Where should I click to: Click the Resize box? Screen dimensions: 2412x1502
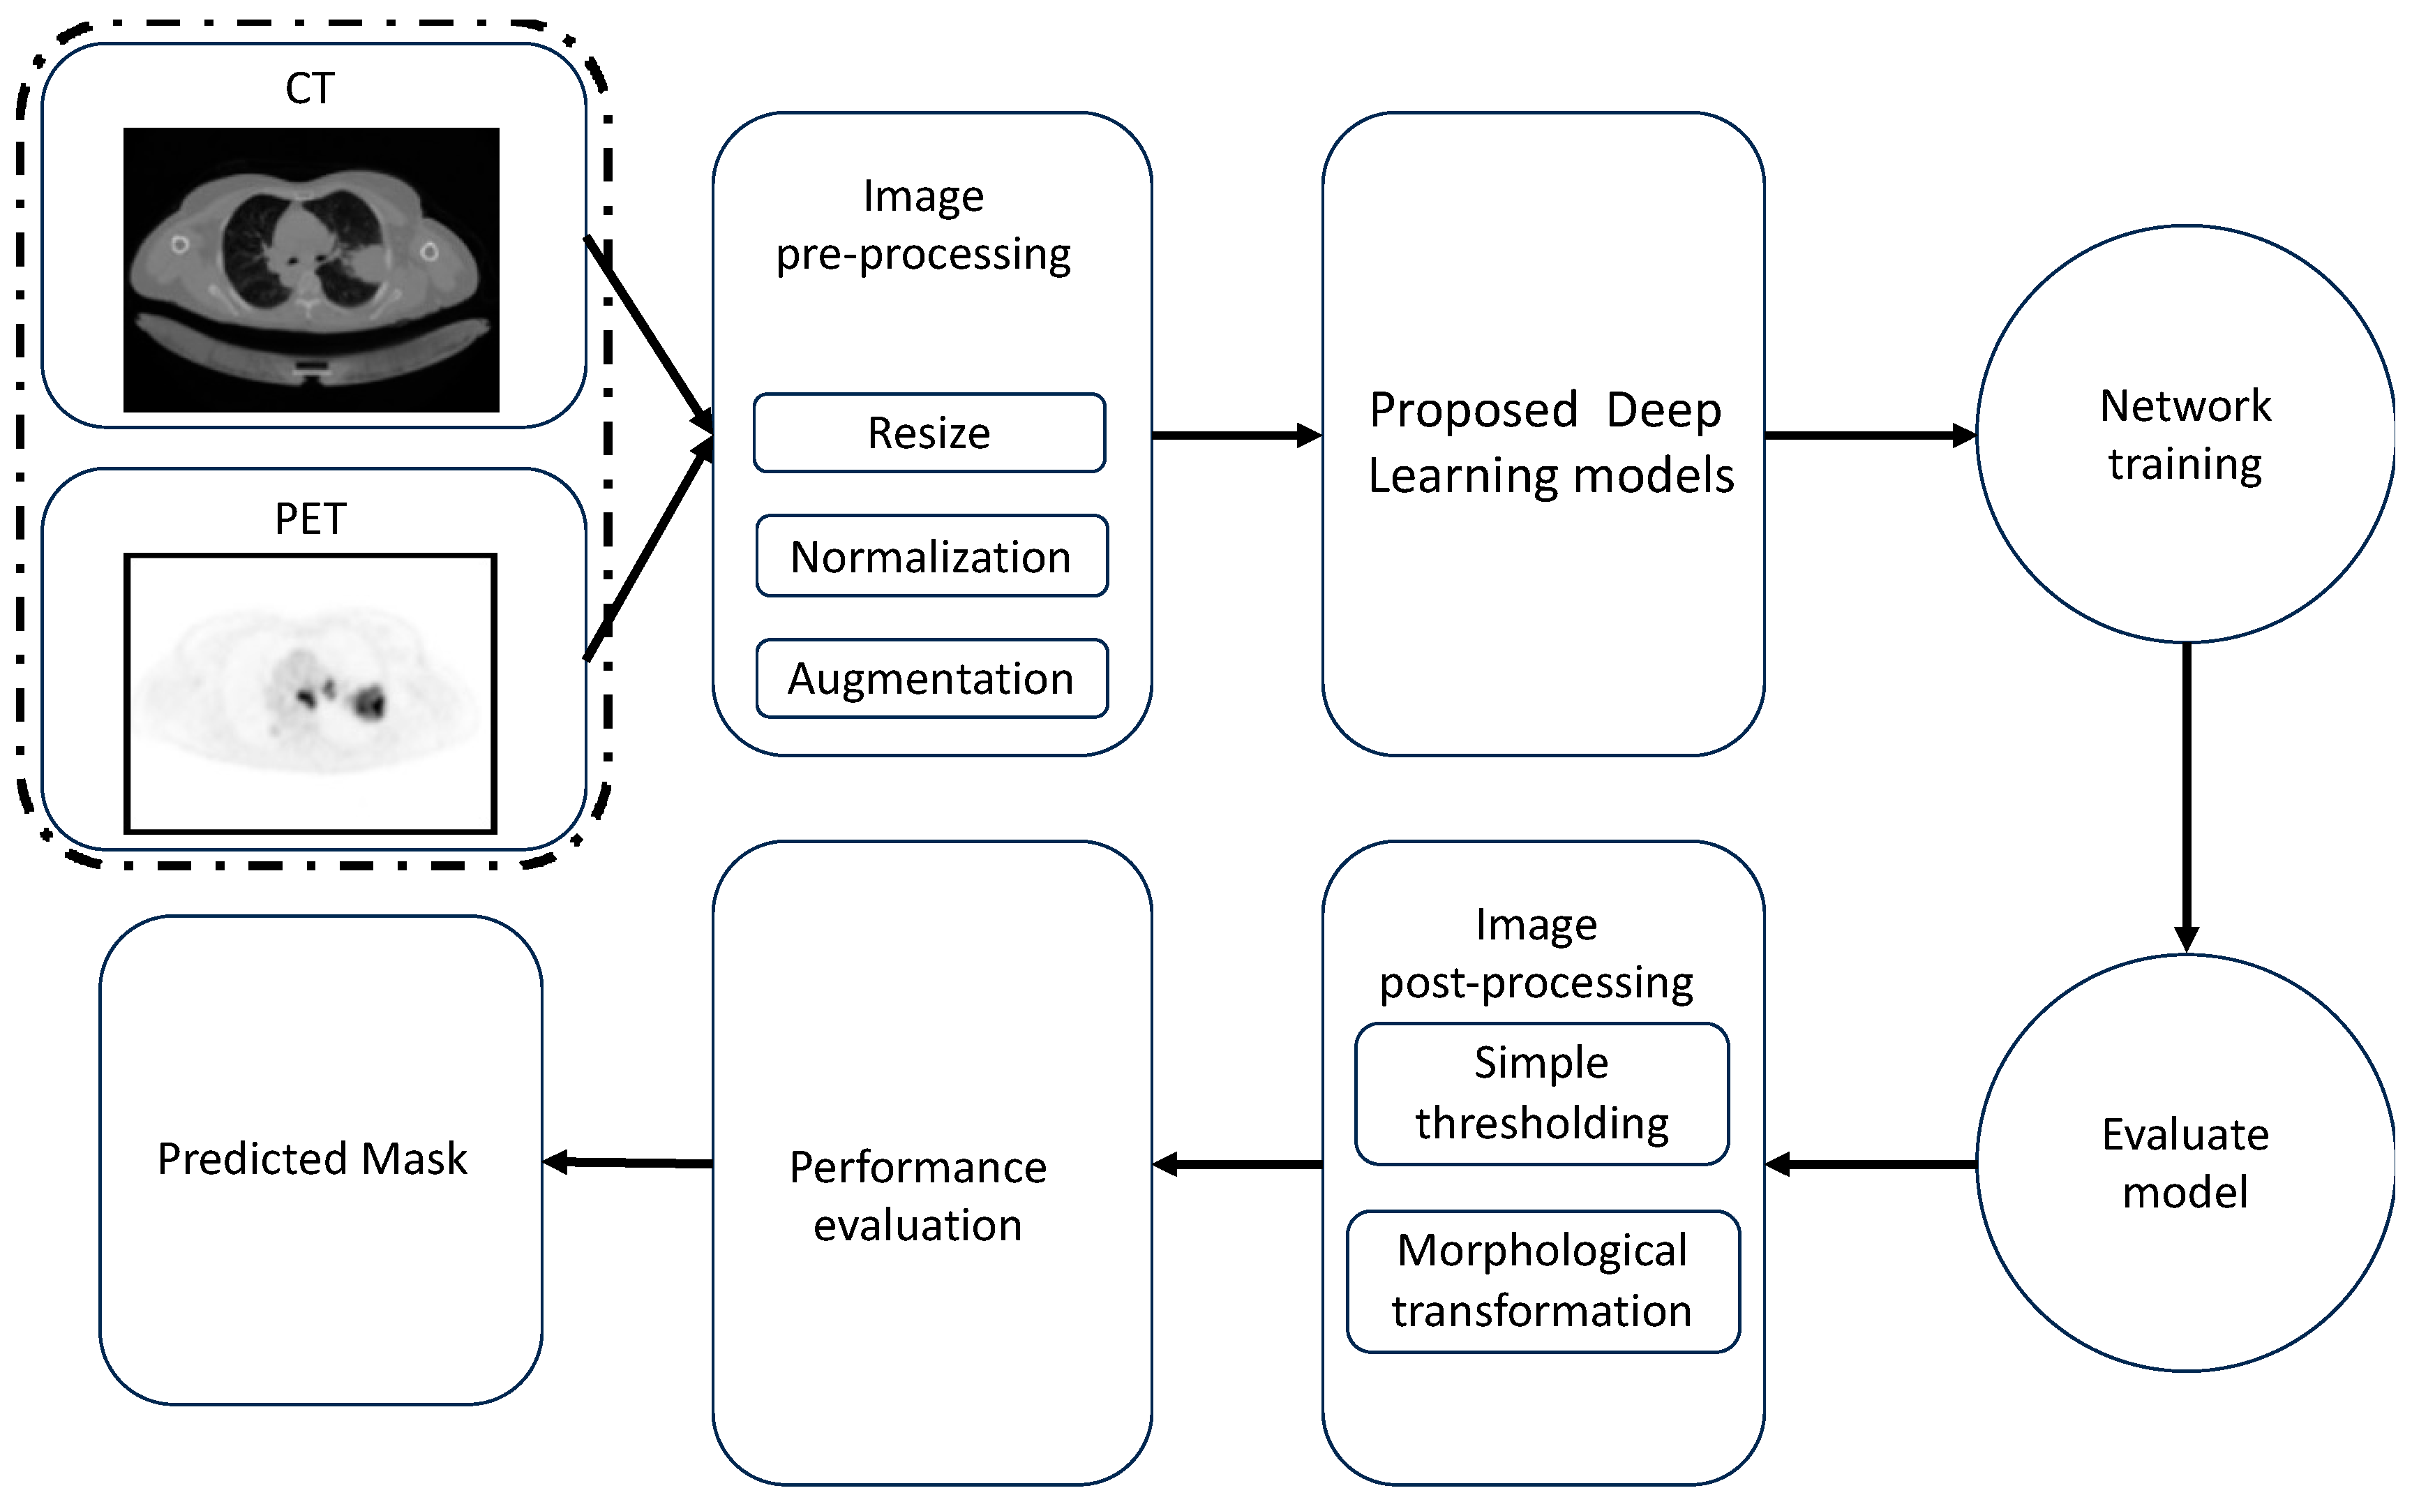929,433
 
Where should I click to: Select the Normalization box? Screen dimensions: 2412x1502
931,556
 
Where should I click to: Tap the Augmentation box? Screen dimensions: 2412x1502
931,678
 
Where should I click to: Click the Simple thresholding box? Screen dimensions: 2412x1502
1542,1094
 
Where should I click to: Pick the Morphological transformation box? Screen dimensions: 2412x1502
1543,1281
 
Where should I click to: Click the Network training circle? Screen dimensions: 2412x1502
2186,434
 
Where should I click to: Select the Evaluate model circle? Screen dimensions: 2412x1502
2186,1163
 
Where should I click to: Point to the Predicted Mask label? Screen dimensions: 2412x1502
312,1159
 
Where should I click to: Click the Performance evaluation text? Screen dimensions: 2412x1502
917,1196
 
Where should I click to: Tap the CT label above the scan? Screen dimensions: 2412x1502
310,89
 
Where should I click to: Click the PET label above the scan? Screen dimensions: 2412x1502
310,519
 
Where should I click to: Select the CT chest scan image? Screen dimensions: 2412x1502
310,269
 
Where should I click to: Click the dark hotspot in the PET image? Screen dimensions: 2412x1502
370,701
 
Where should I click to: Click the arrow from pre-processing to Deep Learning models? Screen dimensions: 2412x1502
1237,435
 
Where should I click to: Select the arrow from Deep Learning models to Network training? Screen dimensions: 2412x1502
1870,435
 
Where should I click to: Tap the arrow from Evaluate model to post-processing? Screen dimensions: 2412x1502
1871,1164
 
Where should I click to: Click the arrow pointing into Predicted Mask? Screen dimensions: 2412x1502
627,1162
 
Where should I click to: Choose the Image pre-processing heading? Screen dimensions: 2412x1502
924,225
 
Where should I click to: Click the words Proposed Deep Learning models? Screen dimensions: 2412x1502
1550,442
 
